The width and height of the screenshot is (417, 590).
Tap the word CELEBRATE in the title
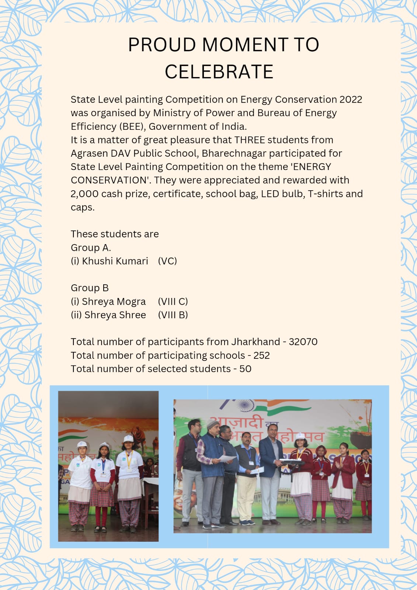click(x=219, y=72)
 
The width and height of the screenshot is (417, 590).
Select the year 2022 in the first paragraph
click(x=351, y=100)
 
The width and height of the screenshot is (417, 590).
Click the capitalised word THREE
click(x=250, y=140)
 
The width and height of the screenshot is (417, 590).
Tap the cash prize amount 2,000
click(x=84, y=194)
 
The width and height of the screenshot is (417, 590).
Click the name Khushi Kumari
click(x=115, y=261)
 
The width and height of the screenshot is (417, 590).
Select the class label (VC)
click(x=167, y=261)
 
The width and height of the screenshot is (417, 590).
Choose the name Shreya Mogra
click(x=114, y=302)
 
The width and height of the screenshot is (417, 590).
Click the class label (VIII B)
click(x=173, y=315)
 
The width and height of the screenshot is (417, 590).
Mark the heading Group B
click(x=90, y=288)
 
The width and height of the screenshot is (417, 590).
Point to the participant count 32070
click(x=303, y=342)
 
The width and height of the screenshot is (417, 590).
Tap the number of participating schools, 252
click(x=261, y=355)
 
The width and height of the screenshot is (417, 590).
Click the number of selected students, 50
click(x=245, y=369)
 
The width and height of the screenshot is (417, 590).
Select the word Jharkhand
click(x=256, y=342)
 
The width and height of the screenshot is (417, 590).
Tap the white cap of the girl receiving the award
click(x=300, y=436)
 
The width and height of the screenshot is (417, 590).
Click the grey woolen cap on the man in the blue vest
click(x=213, y=423)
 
